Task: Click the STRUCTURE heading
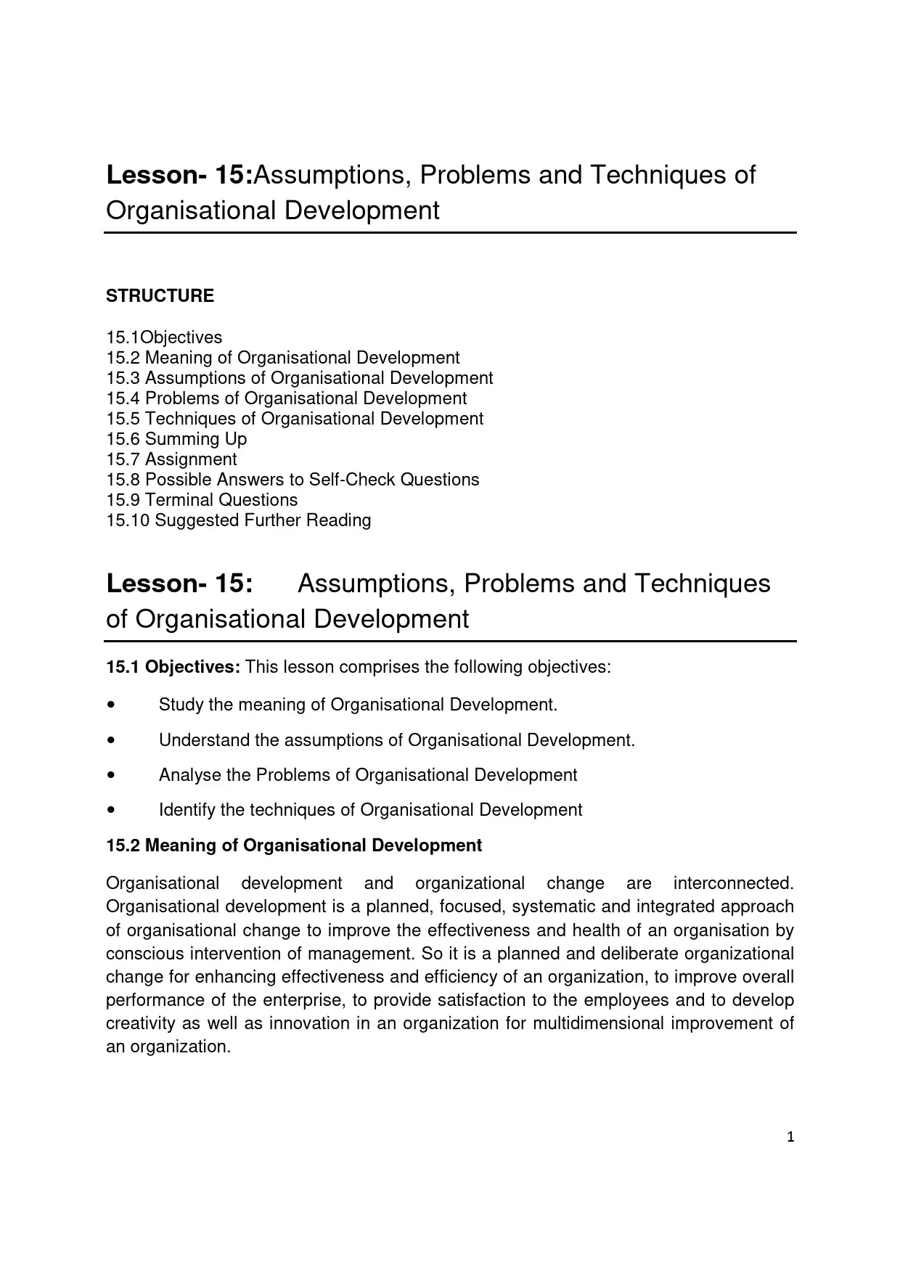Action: (160, 296)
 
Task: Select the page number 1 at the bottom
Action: (790, 1137)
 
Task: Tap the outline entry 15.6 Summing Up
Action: (176, 439)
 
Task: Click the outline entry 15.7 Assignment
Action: (171, 459)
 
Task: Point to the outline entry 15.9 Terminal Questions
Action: (202, 500)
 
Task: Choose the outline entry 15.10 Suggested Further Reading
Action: (238, 520)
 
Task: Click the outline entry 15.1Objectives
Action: (164, 337)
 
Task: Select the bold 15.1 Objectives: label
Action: (173, 667)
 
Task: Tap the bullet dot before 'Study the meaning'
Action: (110, 705)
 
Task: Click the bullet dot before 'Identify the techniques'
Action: (110, 810)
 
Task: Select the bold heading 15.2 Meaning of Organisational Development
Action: (294, 846)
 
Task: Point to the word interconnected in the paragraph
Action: (733, 883)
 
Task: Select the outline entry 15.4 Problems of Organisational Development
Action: (286, 398)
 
